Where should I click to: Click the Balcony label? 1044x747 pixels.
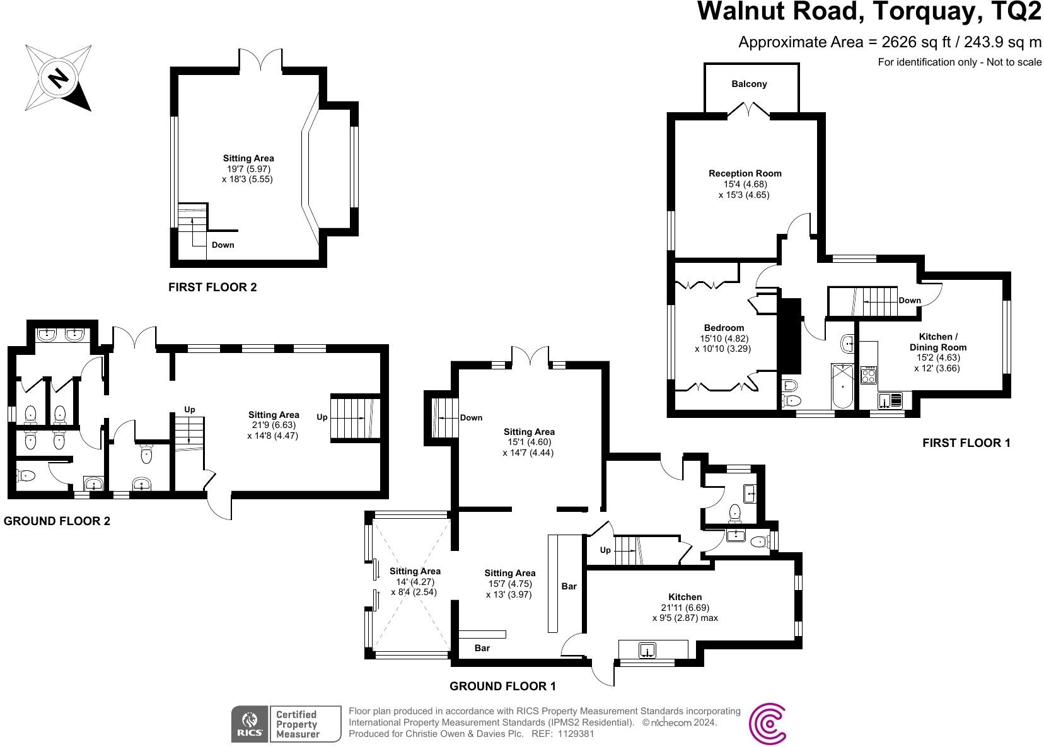749,84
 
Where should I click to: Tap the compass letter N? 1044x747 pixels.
59,78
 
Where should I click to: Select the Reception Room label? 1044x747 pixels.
745,173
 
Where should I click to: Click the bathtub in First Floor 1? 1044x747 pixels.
843,386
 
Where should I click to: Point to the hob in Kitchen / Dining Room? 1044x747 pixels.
869,376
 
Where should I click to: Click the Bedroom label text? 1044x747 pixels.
724,328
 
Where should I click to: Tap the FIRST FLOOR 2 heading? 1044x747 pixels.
212,287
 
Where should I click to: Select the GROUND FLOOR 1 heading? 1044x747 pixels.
502,686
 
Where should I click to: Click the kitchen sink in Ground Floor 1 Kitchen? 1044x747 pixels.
647,649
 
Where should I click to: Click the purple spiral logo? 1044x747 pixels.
768,724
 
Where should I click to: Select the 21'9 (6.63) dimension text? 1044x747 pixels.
273,426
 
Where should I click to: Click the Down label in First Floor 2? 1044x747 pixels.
223,245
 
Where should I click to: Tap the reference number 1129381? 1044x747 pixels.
572,734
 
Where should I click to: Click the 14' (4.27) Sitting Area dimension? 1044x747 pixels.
414,582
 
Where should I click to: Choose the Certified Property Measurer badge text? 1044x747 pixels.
298,724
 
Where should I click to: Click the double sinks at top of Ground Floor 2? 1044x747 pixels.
62,334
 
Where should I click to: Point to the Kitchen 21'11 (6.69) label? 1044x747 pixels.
685,608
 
